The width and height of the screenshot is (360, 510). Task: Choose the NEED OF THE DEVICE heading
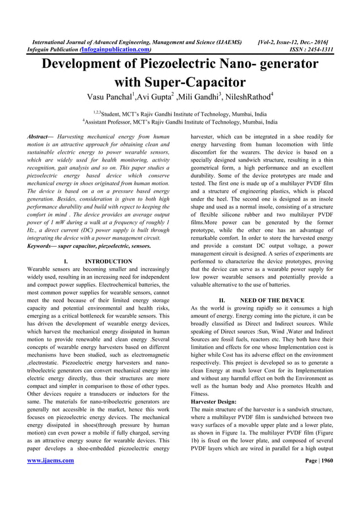tap(272, 300)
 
